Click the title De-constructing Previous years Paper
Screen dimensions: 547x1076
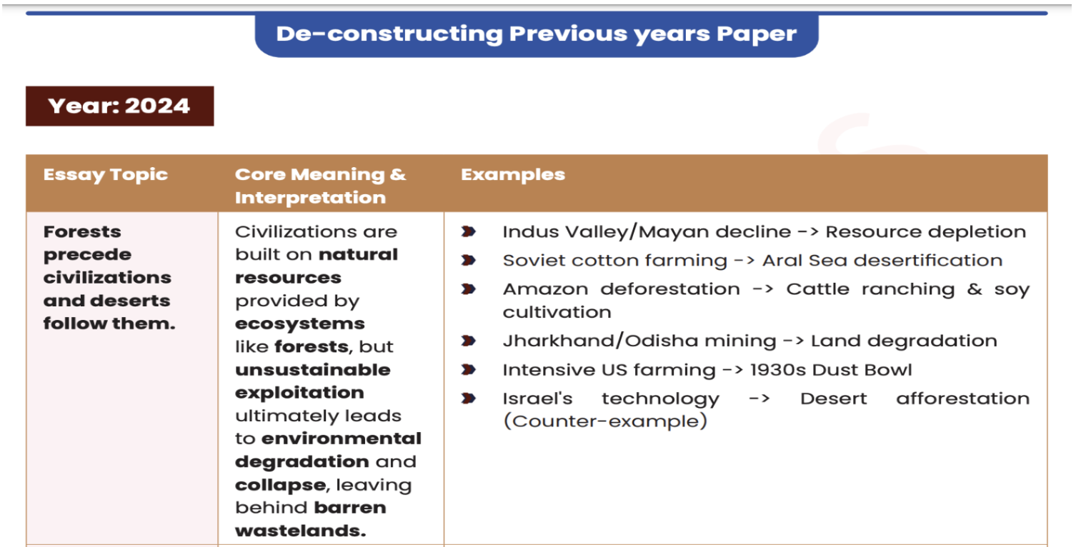click(x=536, y=34)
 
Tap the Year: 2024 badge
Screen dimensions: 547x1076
click(x=119, y=106)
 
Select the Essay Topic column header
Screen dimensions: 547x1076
click(x=105, y=175)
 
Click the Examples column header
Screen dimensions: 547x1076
click(x=512, y=175)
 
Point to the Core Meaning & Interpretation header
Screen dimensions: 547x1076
click(x=320, y=186)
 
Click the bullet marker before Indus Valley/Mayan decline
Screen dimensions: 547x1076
click(x=469, y=231)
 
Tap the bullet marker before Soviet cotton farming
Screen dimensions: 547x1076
click(x=469, y=261)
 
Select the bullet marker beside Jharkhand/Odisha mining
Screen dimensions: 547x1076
click(x=469, y=341)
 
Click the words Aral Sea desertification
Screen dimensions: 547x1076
click(x=882, y=261)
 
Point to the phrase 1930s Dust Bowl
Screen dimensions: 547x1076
click(x=831, y=370)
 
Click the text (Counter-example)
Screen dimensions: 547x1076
click(x=605, y=421)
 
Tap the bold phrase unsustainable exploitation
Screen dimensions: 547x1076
click(x=312, y=381)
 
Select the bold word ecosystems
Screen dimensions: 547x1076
click(x=299, y=323)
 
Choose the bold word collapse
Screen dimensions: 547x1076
click(x=280, y=485)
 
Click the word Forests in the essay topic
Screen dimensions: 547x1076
click(x=82, y=231)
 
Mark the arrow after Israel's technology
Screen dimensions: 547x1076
click(x=759, y=398)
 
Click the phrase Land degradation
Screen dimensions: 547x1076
click(x=904, y=341)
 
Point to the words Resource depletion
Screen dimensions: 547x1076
click(x=925, y=231)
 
